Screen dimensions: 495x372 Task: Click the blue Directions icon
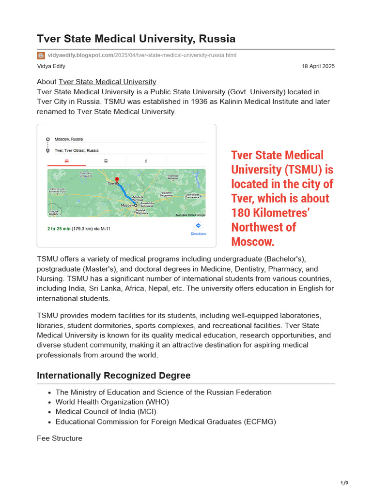[x=198, y=226]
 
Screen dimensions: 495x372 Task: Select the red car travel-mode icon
[x=66, y=161]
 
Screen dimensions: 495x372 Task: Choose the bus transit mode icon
[x=106, y=161]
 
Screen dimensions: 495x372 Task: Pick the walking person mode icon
[x=145, y=161]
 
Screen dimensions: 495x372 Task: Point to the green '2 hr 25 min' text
[x=59, y=229]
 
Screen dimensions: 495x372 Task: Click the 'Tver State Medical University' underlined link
[x=107, y=82]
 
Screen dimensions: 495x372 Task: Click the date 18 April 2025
[x=318, y=66]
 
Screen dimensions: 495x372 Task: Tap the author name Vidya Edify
[x=51, y=66]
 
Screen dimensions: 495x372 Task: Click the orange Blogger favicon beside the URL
[x=41, y=55]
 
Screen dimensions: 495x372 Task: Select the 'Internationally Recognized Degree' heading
[x=113, y=376]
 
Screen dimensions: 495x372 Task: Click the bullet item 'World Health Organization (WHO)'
[x=112, y=402]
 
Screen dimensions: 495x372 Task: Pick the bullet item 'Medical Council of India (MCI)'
[x=106, y=412]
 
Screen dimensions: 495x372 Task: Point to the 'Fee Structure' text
[x=60, y=438]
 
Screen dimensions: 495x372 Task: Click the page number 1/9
[x=344, y=483]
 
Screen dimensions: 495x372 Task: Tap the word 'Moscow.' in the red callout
[x=252, y=241]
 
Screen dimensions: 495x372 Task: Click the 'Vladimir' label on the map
[x=167, y=192]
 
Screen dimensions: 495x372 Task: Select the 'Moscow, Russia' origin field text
[x=69, y=139]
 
